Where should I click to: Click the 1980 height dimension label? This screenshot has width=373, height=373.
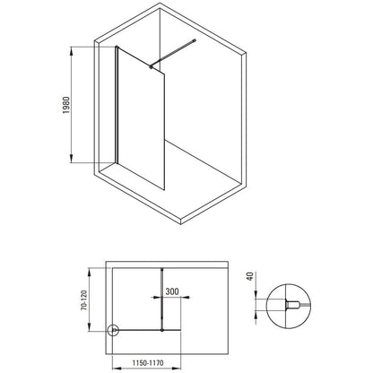tap(66, 105)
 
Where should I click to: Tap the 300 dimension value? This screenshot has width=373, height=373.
tap(172, 291)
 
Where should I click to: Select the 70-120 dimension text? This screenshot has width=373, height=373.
tap(84, 300)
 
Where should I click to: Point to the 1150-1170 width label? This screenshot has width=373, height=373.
tap(148, 363)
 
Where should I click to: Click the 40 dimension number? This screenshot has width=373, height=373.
tap(250, 276)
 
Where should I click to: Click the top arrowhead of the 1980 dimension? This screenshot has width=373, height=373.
tap(71, 51)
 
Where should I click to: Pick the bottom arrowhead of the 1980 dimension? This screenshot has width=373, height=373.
tap(71, 159)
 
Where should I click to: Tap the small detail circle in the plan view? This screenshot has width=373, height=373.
tap(113, 330)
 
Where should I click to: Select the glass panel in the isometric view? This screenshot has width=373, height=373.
tap(141, 118)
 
